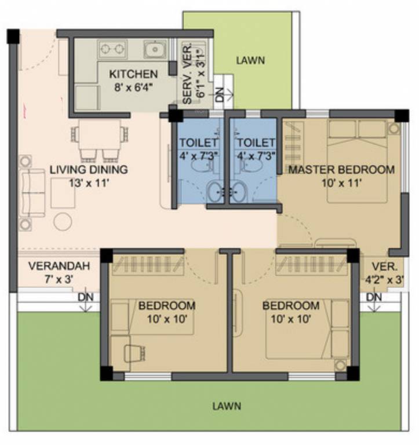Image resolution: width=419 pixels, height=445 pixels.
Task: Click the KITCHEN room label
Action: point(133,74)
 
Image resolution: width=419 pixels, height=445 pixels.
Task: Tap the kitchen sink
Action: point(155,50)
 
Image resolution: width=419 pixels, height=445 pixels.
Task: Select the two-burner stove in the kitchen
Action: point(112,50)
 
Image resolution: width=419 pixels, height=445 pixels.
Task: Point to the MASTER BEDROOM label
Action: point(341,170)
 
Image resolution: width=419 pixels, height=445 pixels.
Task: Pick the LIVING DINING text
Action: point(88,170)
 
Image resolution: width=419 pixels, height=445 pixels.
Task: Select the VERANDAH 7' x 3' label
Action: point(59,273)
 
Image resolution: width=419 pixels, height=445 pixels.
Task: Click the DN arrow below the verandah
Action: point(85,300)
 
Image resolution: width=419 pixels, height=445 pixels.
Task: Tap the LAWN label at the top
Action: point(250,59)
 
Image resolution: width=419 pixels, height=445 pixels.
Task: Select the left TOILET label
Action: point(198,143)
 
